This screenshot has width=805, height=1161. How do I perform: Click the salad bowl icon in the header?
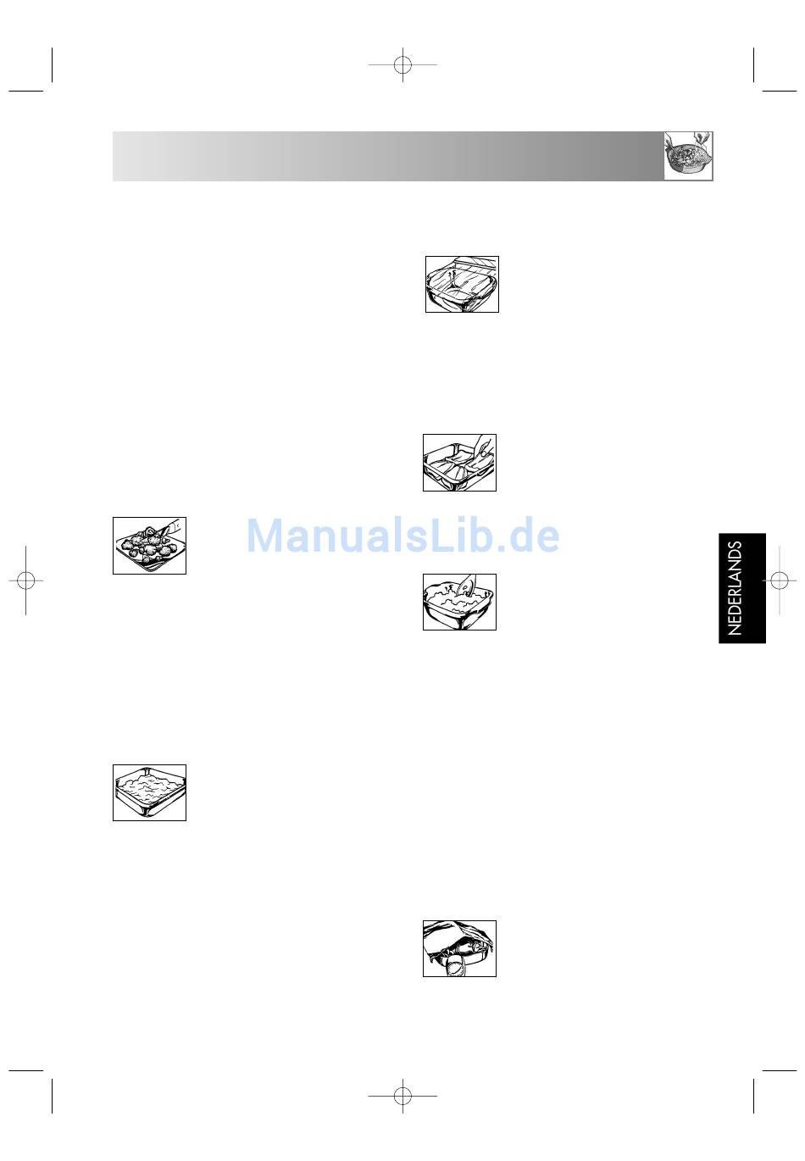(688, 155)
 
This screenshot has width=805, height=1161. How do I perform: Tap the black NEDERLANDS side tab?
(741, 588)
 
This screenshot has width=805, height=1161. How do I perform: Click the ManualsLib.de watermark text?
(402, 535)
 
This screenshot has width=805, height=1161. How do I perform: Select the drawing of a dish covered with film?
(462, 284)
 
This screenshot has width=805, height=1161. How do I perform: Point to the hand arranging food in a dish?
(483, 447)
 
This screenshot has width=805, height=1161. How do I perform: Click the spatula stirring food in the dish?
(467, 586)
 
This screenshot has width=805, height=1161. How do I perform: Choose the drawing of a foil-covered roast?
(459, 948)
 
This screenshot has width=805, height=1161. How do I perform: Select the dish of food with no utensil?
(149, 792)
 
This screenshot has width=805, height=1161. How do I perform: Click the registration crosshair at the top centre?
(402, 64)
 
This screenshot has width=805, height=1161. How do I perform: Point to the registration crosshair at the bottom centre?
(402, 1097)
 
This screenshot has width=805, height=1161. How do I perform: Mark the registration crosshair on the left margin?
(26, 580)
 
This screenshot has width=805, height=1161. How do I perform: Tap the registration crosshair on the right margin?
(779, 580)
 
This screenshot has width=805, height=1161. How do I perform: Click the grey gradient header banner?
(388, 156)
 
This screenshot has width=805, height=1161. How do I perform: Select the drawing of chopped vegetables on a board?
(149, 545)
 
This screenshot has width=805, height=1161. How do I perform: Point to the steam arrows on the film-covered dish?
(453, 275)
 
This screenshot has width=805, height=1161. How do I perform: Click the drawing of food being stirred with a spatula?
(459, 602)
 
